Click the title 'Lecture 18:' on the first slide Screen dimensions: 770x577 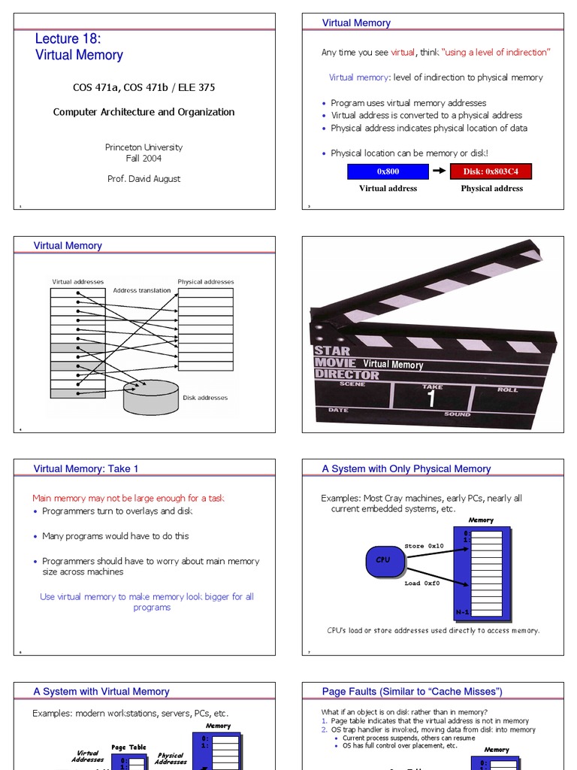tap(68, 39)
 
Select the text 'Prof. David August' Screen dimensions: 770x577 tap(143, 179)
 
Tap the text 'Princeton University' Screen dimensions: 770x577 tap(143, 147)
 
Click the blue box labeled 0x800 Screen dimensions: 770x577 tap(388, 171)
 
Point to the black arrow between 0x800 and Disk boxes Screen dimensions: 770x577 tap(440, 171)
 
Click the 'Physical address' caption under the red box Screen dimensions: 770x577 tap(491, 189)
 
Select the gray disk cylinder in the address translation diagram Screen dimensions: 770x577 tap(151, 398)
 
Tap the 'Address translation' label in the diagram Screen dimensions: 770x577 tap(142, 290)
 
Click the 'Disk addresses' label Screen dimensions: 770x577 tap(205, 398)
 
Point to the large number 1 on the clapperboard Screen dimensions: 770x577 tap(431, 399)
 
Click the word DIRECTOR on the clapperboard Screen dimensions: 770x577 tap(337, 374)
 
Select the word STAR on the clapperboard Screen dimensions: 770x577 tap(331, 351)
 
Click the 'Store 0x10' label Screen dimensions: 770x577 tap(424, 546)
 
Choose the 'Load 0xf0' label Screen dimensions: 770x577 tap(423, 583)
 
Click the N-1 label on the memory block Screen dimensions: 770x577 tap(462, 612)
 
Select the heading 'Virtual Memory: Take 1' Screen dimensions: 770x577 tap(86, 468)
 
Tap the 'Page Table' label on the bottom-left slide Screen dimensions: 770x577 tap(128, 747)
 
